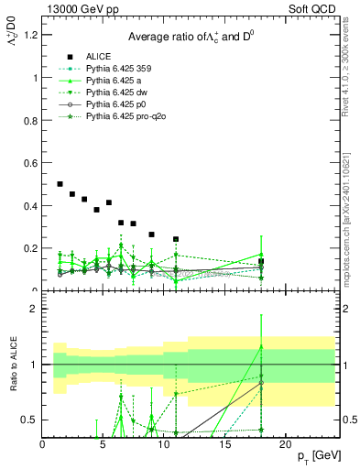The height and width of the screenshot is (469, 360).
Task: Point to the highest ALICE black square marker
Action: (60, 184)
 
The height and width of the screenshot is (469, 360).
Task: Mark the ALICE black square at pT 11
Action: (176, 239)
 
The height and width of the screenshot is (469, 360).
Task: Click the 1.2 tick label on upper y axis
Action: (30, 35)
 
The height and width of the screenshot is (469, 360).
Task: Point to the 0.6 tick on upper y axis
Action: (30, 163)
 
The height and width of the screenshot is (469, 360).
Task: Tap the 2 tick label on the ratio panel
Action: (34, 309)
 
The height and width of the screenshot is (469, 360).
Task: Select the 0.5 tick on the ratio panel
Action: (30, 420)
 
